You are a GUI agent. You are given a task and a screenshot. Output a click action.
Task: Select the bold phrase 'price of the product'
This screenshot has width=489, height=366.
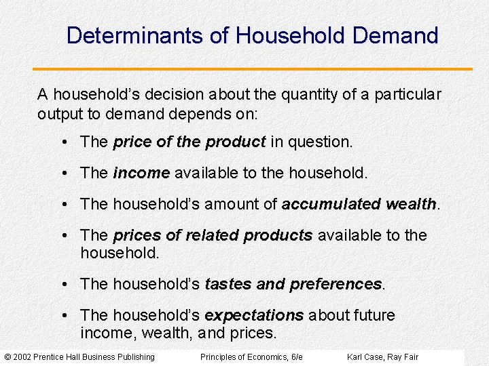coord(189,142)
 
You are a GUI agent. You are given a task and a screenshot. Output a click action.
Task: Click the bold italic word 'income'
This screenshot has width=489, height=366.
coord(141,173)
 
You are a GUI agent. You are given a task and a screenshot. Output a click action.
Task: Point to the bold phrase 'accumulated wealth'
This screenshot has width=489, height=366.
coord(359,204)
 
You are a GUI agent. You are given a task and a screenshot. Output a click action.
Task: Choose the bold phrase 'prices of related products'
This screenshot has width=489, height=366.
coord(213,235)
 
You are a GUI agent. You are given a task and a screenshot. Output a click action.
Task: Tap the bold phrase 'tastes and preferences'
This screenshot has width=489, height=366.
coord(293,284)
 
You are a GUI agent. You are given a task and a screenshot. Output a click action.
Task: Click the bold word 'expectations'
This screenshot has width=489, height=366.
coord(254,315)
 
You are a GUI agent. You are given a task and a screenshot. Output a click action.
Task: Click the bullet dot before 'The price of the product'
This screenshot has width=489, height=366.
coord(63,142)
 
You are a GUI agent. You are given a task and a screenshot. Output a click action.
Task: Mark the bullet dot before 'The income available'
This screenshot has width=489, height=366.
coord(63,173)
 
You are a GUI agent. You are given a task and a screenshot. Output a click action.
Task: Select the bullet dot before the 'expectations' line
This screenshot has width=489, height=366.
coord(63,315)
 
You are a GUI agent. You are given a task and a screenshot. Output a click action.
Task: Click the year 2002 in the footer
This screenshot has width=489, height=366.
coord(23,357)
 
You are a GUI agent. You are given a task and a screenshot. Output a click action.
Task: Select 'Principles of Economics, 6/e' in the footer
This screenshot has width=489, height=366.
coord(251,357)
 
